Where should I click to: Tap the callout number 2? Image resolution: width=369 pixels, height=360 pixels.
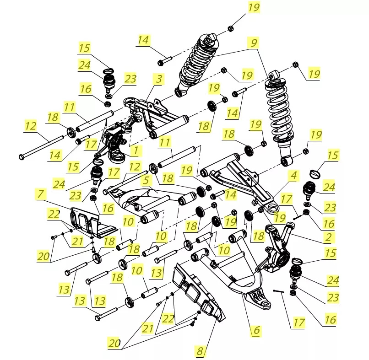[x=328, y=236]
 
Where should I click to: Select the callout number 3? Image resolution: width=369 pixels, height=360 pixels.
[x=158, y=79]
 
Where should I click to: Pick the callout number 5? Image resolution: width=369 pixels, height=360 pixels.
[x=146, y=181]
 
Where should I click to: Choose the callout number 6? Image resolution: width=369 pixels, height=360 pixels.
[x=256, y=330]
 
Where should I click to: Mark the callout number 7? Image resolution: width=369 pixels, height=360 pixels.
[x=41, y=194]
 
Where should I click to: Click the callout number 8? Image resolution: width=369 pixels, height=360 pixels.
[x=200, y=351]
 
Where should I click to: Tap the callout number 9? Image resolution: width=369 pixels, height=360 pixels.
[x=254, y=43]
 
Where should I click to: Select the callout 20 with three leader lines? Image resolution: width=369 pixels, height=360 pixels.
[x=114, y=343]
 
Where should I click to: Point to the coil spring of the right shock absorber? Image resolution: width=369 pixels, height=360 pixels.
[x=279, y=110]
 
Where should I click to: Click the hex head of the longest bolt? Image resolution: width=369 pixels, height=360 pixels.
[x=22, y=157]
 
